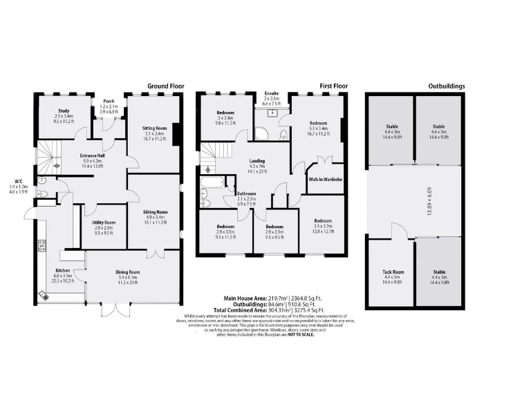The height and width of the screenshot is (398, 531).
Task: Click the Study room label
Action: tap(63, 111)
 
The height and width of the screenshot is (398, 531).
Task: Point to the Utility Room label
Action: tap(104, 222)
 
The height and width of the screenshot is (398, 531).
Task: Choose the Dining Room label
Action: tap(128, 272)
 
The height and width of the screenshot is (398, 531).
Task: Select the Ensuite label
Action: tap(271, 93)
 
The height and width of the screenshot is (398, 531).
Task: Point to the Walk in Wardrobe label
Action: tap(324, 180)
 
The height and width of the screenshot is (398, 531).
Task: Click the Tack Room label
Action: tap(391, 272)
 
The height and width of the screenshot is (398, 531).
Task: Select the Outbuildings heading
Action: tap(446, 86)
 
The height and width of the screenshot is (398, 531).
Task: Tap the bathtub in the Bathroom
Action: tap(212, 184)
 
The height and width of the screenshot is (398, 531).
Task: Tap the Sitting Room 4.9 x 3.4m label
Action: tap(156, 212)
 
